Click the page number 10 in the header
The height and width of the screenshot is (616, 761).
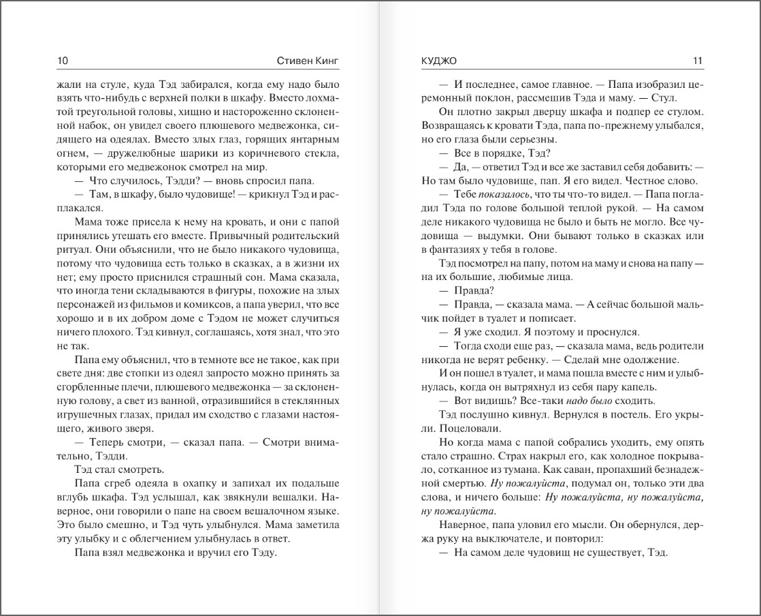pyautogui.click(x=63, y=61)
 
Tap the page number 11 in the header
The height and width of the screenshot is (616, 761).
pyautogui.click(x=697, y=61)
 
